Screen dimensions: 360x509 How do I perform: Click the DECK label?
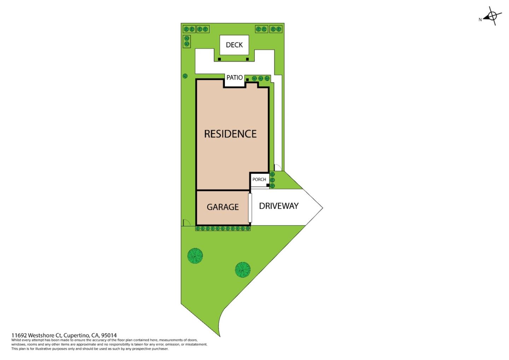pos(234,45)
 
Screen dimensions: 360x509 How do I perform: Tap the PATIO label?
pos(234,77)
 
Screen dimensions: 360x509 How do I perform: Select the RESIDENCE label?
pos(230,134)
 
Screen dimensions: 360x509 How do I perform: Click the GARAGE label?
pos(223,207)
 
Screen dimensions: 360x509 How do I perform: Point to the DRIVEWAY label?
pos(279,206)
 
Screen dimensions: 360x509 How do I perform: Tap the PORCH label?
pos(259,179)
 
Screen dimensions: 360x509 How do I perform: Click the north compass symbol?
pos(491,16)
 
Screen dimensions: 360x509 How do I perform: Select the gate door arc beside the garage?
pos(186,222)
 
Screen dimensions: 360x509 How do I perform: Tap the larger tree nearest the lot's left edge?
pos(195,255)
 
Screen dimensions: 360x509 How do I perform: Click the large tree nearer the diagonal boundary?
pos(242,269)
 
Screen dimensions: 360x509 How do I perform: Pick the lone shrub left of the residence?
pos(185,76)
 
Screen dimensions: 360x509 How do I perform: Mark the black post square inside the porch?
pos(268,185)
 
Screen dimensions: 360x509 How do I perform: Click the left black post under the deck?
pos(220,59)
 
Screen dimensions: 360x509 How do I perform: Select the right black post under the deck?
pos(247,59)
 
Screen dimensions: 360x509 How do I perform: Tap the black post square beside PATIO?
pos(247,80)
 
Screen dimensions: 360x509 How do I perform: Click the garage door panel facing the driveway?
pos(250,208)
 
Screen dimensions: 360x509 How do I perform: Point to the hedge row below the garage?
pos(223,228)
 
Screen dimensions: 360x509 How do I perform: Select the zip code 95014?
pos(109,335)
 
